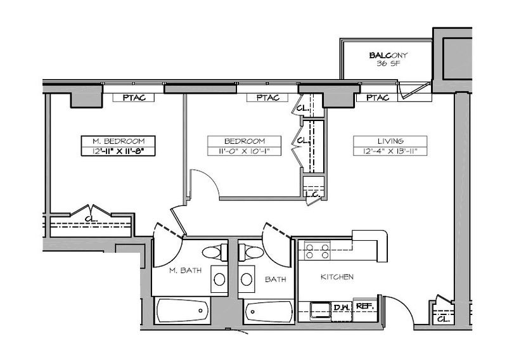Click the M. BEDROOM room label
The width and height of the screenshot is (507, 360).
coord(119,141)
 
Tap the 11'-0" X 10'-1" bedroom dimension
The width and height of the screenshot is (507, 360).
coord(245,151)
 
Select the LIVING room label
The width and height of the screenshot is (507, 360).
coord(390,141)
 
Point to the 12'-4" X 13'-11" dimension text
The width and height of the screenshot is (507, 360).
coord(390,151)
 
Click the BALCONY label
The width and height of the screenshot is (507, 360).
coord(388,55)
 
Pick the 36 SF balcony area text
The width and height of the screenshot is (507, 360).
coord(388,63)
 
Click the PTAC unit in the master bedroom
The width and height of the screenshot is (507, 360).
coord(134,98)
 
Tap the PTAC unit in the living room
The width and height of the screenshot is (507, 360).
coord(377,98)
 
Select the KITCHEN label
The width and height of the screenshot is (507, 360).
coord(337,277)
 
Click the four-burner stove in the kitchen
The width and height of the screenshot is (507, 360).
coord(318,251)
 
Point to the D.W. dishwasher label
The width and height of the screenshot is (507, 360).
coord(342,307)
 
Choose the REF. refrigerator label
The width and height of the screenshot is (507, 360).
coord(365,306)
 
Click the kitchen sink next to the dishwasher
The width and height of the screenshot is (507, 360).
coord(320,310)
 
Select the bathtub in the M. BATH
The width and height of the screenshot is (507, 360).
coord(183,311)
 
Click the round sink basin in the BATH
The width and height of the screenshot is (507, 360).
coord(247,279)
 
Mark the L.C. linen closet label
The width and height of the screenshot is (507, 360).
coord(313,195)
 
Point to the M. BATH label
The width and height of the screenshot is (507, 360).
coord(185,270)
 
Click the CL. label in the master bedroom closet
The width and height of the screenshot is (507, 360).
coord(91,219)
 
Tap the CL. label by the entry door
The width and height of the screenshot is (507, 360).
coord(443,319)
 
